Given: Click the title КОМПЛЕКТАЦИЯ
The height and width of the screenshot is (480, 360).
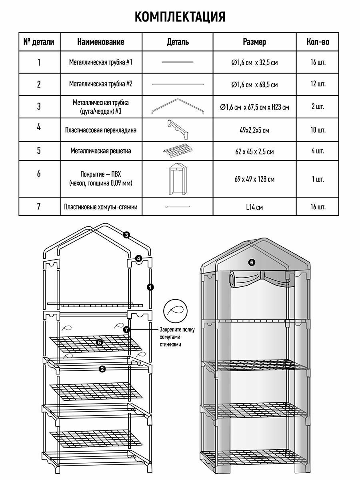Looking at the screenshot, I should pos(180,17).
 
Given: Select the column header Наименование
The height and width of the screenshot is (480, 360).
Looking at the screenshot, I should pos(101,42).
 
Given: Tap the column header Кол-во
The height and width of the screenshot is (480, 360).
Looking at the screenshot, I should pos(318,42).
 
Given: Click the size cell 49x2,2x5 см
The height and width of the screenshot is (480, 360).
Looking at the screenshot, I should pos(254,130).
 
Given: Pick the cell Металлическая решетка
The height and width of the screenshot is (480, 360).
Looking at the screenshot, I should pos(101,151).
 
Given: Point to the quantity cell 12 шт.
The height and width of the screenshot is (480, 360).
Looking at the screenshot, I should pos(318,84).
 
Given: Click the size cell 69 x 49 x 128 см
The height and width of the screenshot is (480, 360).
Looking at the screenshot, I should pos(254,179).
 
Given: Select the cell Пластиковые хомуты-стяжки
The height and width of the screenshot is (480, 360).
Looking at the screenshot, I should pos(101,207).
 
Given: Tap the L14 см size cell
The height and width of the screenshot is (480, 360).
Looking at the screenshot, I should pos(254,207).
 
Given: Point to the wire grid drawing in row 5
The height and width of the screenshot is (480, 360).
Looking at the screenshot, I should pos(178,151).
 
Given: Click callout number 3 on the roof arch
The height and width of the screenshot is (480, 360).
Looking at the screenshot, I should pos(126,235).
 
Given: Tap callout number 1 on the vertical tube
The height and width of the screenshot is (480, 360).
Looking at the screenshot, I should pos(149,287).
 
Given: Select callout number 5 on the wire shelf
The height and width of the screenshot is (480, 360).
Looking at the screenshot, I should pos(100,342).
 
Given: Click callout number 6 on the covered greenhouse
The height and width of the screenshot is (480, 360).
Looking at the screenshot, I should pos(251,262).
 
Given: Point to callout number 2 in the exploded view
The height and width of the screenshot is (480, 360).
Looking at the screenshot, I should pos(102,369).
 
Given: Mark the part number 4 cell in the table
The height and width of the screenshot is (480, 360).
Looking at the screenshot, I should pos(39,127).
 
